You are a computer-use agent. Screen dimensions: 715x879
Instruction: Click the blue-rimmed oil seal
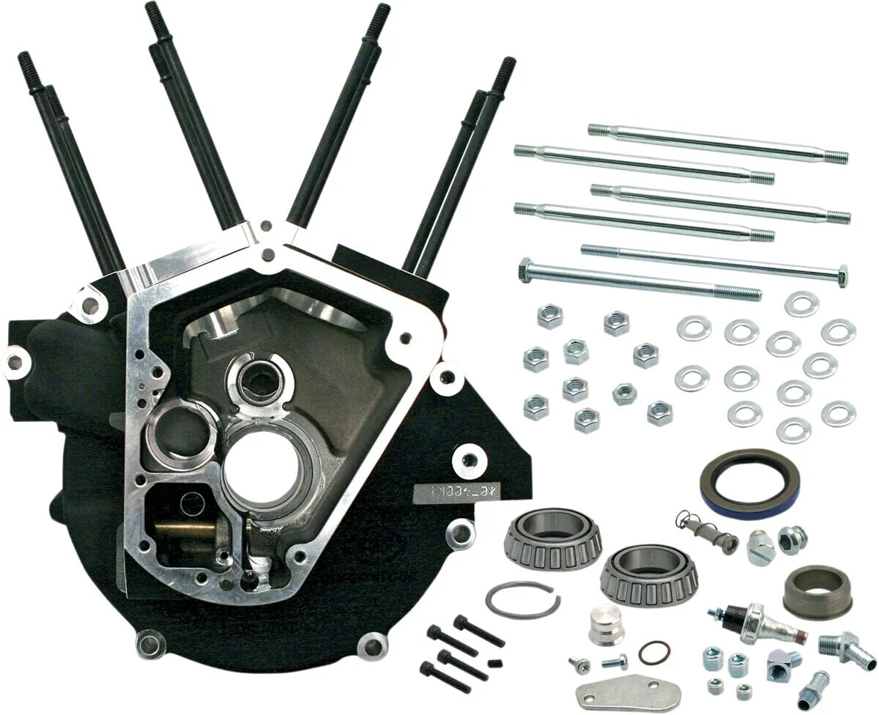749,484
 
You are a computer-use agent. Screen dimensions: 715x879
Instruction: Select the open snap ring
522,599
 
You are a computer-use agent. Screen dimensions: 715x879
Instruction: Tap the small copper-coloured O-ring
653,651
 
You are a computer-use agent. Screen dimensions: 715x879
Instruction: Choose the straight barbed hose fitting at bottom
814,689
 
